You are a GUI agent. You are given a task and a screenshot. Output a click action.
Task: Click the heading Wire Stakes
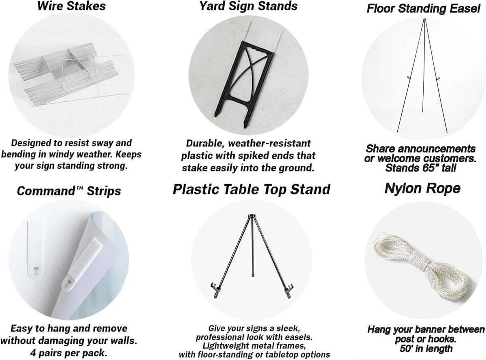pyautogui.click(x=71, y=6)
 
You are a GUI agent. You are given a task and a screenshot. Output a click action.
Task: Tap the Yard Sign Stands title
pyautogui.click(x=248, y=6)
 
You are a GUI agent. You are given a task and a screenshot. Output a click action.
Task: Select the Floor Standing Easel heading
pyautogui.click(x=423, y=9)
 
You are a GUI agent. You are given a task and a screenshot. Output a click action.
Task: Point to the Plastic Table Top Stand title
pyautogui.click(x=252, y=189)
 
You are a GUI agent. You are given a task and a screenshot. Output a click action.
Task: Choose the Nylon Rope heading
pyautogui.click(x=422, y=189)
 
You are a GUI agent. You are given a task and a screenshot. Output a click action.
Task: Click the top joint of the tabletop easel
pyautogui.click(x=252, y=216)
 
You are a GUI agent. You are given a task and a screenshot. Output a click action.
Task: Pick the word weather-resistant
pyautogui.click(x=269, y=143)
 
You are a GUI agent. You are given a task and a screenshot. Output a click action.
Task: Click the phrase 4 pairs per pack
pyautogui.click(x=68, y=353)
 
